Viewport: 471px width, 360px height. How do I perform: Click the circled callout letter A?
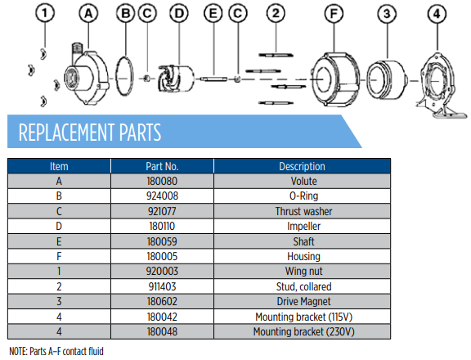click(x=88, y=14)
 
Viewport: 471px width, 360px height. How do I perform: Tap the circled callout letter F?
click(x=334, y=14)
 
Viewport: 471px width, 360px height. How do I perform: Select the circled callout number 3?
click(x=387, y=14)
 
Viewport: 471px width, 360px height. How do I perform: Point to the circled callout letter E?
click(x=213, y=14)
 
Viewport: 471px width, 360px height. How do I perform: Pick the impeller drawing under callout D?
click(x=176, y=79)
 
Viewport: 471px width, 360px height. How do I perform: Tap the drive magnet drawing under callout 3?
click(x=387, y=80)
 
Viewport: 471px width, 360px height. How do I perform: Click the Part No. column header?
click(x=162, y=166)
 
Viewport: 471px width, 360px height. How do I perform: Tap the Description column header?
click(x=303, y=166)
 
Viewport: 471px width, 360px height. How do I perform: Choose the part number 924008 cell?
click(x=162, y=196)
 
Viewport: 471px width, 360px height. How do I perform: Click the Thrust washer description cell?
click(x=303, y=211)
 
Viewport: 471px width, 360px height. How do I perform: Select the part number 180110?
click(x=162, y=227)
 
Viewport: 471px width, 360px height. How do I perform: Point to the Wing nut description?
click(x=303, y=272)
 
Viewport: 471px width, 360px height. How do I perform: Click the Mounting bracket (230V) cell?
click(x=303, y=331)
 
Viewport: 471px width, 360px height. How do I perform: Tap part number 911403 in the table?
click(x=162, y=286)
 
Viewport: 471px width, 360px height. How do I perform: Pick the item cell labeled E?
click(x=59, y=241)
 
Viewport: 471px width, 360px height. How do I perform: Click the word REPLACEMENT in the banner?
click(x=66, y=133)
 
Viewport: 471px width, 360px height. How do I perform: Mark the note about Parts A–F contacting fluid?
click(x=56, y=351)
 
